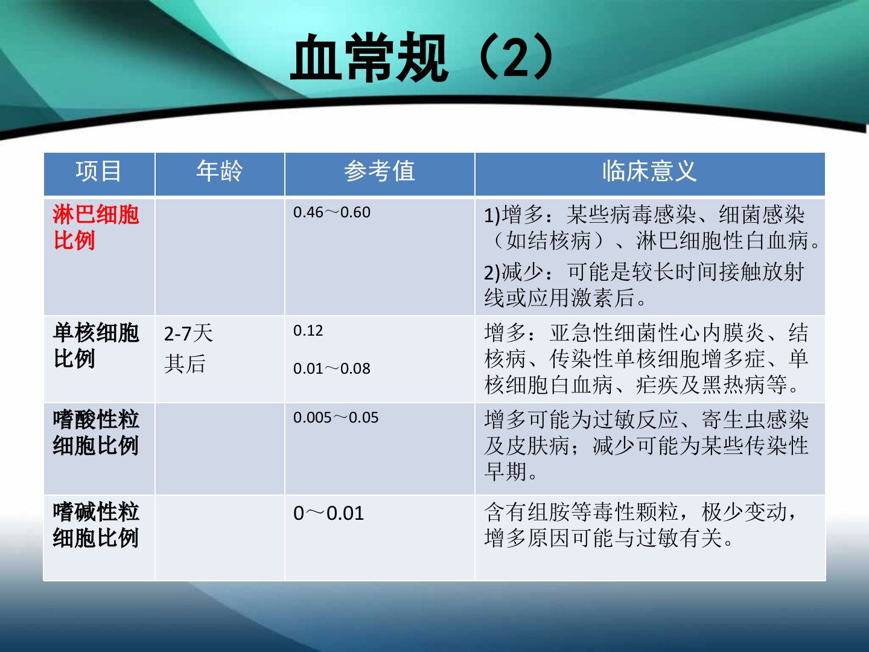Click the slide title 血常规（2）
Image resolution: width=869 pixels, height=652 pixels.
pyautogui.click(x=422, y=57)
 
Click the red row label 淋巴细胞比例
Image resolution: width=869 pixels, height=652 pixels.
pyautogui.click(x=96, y=228)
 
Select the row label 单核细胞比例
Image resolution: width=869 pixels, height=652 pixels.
pyautogui.click(x=96, y=345)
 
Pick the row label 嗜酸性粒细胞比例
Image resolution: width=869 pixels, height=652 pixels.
pyautogui.click(x=96, y=432)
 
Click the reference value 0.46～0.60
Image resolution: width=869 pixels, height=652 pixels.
pyautogui.click(x=332, y=213)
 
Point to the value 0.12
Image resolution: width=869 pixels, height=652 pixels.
pyautogui.click(x=308, y=331)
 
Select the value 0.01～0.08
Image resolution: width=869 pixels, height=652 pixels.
pyautogui.click(x=332, y=368)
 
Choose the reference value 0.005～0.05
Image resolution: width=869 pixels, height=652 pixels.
pyautogui.click(x=336, y=418)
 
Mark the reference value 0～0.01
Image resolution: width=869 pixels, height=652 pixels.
pyautogui.click(x=329, y=513)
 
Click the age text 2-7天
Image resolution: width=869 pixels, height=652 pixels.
pyautogui.click(x=188, y=333)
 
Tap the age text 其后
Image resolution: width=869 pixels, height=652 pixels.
pyautogui.click(x=185, y=364)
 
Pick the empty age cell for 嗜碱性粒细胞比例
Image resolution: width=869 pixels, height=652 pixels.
pyautogui.click(x=220, y=537)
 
